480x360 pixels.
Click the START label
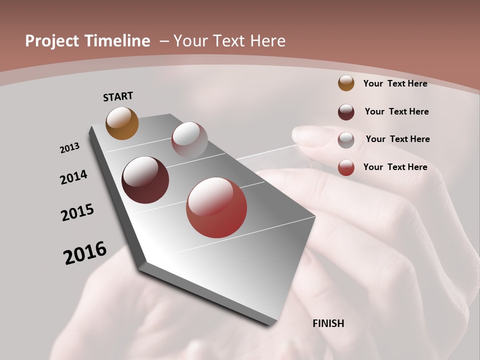pyautogui.click(x=118, y=96)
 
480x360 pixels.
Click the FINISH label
pyautogui.click(x=328, y=323)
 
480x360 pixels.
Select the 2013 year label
pyautogui.click(x=69, y=148)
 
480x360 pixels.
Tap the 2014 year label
pyautogui.click(x=73, y=177)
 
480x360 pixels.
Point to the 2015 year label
pyautogui.click(x=77, y=212)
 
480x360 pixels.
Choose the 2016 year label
pyautogui.click(x=85, y=252)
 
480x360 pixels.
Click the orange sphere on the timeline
pyautogui.click(x=122, y=123)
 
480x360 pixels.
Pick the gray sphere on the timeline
pyautogui.click(x=189, y=140)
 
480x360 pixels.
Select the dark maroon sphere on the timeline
pyautogui.click(x=145, y=180)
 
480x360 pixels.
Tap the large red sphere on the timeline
pyautogui.click(x=216, y=207)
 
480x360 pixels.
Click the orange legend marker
pyautogui.click(x=346, y=83)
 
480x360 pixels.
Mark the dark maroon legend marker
pyautogui.click(x=346, y=112)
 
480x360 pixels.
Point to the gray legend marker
pyautogui.click(x=346, y=140)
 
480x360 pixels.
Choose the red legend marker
pyautogui.click(x=346, y=167)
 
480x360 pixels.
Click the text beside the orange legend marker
pyautogui.click(x=395, y=83)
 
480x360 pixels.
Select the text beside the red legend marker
pyautogui.click(x=395, y=167)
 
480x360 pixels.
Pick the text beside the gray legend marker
pyautogui.click(x=397, y=139)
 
